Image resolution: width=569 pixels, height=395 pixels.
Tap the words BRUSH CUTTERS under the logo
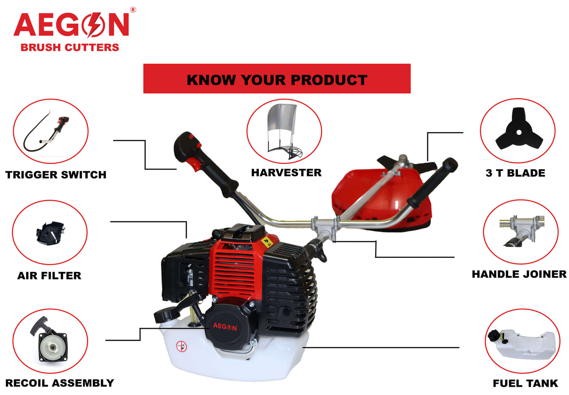pyautogui.click(x=70, y=48)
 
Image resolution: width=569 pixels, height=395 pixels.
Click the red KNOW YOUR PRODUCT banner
pyautogui.click(x=277, y=79)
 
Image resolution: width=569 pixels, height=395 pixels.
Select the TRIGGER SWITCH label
pyautogui.click(x=56, y=175)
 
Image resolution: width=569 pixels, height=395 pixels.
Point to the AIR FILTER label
pyautogui.click(x=49, y=276)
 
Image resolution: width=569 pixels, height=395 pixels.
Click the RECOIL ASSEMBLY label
pyautogui.click(x=59, y=383)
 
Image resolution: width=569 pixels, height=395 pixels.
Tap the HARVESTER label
pyautogui.click(x=286, y=173)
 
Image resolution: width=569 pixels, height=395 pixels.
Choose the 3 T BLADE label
pyautogui.click(x=515, y=173)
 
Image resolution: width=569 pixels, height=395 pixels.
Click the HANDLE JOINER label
pyautogui.click(x=519, y=274)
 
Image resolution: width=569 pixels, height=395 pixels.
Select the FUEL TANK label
pyautogui.click(x=525, y=383)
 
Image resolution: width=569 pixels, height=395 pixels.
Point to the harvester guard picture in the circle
pyautogui.click(x=284, y=131)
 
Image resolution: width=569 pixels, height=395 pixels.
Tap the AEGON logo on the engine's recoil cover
pyautogui.click(x=225, y=327)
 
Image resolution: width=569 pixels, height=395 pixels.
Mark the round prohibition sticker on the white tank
pyautogui.click(x=181, y=346)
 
